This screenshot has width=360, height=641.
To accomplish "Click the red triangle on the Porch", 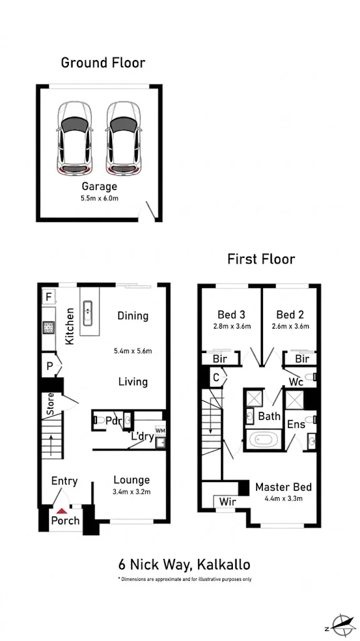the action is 61,511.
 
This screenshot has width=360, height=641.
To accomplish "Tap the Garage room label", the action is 100,187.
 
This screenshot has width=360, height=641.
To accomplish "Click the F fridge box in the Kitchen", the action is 48,297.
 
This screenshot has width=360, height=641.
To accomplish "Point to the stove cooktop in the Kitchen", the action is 49,327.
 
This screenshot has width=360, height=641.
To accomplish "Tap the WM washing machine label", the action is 160,431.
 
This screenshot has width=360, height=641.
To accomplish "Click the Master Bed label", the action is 283,487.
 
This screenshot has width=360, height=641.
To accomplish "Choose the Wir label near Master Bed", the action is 227,501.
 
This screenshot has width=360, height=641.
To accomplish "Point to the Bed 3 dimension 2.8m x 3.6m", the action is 232,326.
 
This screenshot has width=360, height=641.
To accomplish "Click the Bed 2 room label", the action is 291,314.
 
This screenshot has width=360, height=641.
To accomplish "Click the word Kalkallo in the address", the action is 224,565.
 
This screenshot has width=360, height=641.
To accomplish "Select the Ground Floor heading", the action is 103,63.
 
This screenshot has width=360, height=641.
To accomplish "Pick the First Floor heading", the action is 261,259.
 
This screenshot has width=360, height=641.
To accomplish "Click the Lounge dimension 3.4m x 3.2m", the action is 131,492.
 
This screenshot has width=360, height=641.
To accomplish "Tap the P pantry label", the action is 49,366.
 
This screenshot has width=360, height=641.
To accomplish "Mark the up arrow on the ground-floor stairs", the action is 51,446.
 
